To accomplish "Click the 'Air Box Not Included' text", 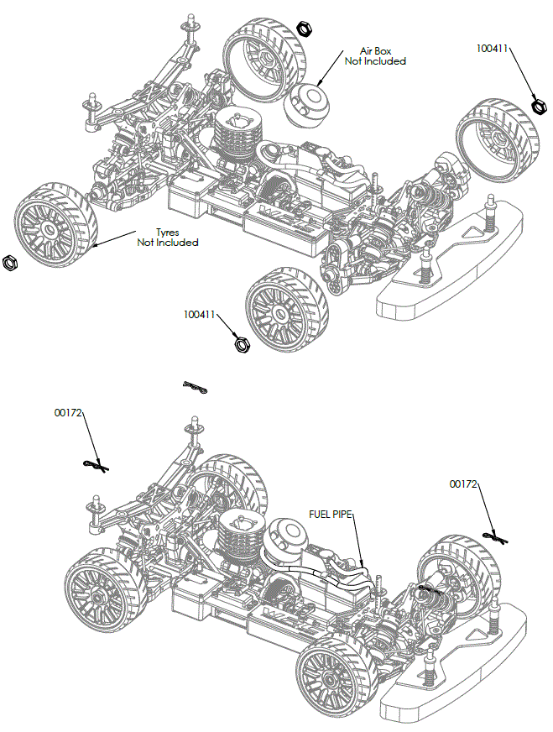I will pyautogui.click(x=375, y=56).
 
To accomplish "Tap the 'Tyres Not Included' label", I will pyautogui.click(x=168, y=238).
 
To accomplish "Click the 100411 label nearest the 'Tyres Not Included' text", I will pyautogui.click(x=200, y=315).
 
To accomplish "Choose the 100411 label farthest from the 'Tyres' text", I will pyautogui.click(x=493, y=49).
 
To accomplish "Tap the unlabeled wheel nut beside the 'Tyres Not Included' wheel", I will pyautogui.click(x=11, y=263).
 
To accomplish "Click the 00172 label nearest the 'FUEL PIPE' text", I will pyautogui.click(x=463, y=484).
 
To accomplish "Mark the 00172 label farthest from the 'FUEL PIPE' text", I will pyautogui.click(x=68, y=412).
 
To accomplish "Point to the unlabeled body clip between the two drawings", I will pyautogui.click(x=195, y=387).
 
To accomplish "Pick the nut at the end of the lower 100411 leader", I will pyautogui.click(x=241, y=342).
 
